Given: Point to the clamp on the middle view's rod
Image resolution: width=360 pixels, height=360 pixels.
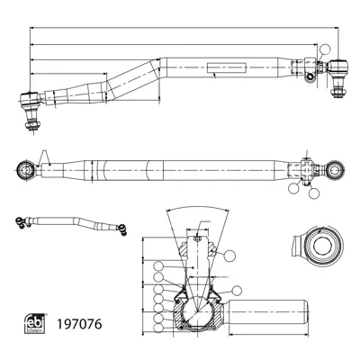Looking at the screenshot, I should coord(307,167).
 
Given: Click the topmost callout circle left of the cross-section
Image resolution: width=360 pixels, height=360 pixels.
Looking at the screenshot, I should coord(158,266).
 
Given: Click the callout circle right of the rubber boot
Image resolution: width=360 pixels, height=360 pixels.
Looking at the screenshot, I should coord(238,290).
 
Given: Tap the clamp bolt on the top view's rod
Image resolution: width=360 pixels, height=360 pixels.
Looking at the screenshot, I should coord(310,75).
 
